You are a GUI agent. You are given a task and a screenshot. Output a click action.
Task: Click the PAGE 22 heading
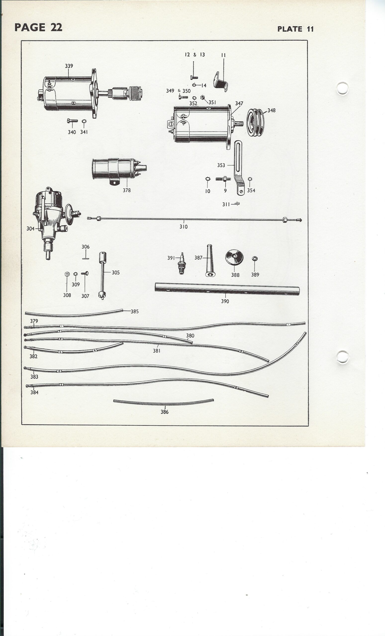38,27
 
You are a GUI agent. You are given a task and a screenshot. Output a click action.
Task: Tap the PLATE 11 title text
295,29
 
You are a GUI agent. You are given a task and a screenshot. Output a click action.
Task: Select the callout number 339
69,66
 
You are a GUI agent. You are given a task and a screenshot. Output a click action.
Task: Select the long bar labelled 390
227,289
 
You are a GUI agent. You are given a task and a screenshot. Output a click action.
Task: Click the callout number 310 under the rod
184,227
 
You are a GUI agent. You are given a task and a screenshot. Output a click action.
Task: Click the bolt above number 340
72,120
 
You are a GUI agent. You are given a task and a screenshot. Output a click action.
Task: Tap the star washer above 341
84,121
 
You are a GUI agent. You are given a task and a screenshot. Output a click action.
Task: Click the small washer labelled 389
255,258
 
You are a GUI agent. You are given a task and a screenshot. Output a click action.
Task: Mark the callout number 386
165,412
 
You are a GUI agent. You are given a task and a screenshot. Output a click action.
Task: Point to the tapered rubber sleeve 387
210,261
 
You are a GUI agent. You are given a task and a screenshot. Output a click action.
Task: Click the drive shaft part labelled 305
102,276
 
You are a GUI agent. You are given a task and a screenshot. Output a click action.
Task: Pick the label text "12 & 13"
195,54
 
